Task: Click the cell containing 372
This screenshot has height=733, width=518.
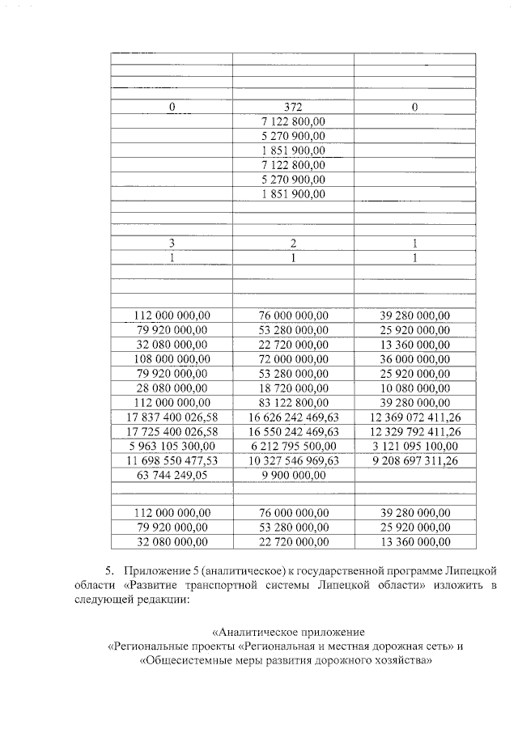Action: [293, 107]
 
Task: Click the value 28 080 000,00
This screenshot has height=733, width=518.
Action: [172, 388]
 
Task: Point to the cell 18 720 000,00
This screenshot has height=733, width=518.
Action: [293, 388]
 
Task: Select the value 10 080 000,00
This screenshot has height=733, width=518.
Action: [414, 388]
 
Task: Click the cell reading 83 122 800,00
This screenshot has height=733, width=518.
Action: [293, 402]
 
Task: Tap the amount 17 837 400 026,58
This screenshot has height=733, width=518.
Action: [172, 417]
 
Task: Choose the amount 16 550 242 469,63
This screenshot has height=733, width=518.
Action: [293, 431]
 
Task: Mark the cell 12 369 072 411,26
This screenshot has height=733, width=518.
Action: [414, 417]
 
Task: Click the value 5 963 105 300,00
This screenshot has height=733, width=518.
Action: [172, 446]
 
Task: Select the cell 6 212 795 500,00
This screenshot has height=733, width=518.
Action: [293, 446]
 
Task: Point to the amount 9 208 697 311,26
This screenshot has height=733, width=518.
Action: [414, 460]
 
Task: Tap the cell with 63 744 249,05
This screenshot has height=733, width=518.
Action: [172, 475]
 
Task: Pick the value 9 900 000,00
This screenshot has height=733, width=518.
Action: [293, 475]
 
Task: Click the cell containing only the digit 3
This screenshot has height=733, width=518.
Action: [172, 243]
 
